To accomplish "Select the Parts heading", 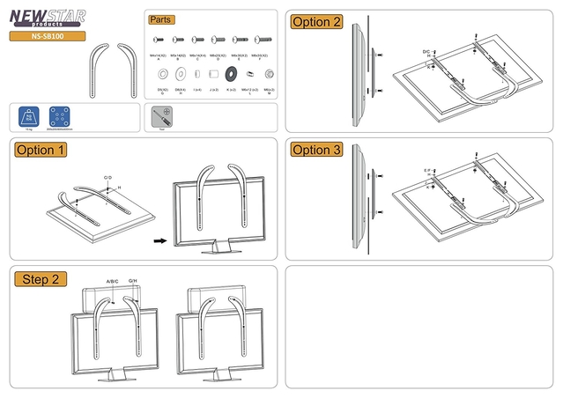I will [160, 19].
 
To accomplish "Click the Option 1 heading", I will [41, 150].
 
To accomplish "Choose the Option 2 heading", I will [316, 22].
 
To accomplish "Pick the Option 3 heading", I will [316, 150].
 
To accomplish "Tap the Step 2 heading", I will [41, 279].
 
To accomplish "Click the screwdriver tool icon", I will [162, 115].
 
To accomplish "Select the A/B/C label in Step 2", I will [113, 282].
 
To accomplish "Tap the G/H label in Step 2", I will [133, 282].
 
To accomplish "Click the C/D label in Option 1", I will [107, 178].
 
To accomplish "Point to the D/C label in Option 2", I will [427, 52].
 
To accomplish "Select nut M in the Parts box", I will [268, 72].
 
